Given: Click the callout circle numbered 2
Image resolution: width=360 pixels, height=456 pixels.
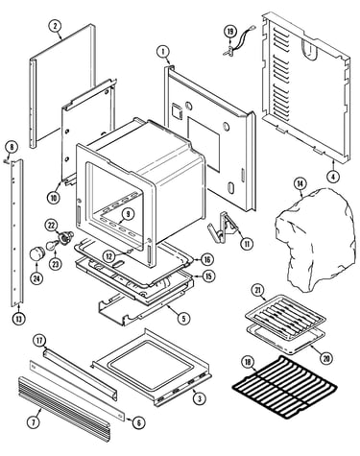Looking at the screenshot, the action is [55, 26].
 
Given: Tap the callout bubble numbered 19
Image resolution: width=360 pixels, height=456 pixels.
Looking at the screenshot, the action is [229, 32].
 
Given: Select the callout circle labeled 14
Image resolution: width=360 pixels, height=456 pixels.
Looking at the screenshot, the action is [300, 184].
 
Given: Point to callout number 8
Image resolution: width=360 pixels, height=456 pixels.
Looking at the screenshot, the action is [12, 147].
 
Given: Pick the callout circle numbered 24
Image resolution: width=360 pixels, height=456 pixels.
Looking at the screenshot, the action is [36, 278].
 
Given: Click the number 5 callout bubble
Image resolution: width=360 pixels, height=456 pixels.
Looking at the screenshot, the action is [183, 318].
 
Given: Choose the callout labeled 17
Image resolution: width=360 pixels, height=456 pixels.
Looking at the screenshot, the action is [39, 341].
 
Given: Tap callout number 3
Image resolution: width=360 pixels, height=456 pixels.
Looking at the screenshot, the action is [200, 398].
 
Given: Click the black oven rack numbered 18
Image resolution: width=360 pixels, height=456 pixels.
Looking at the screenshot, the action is [284, 387].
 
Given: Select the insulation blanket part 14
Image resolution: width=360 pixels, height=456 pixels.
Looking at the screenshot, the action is [315, 240].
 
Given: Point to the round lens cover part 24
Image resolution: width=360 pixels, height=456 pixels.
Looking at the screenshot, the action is [36, 254].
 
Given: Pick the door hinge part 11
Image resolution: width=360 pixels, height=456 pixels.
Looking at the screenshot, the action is [222, 228].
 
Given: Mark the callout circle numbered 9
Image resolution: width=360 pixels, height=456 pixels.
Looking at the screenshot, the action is [128, 214].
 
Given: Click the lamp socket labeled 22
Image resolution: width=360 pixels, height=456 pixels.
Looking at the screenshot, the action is [66, 236].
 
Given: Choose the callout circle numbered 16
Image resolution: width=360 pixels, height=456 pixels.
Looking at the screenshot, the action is [207, 259].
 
